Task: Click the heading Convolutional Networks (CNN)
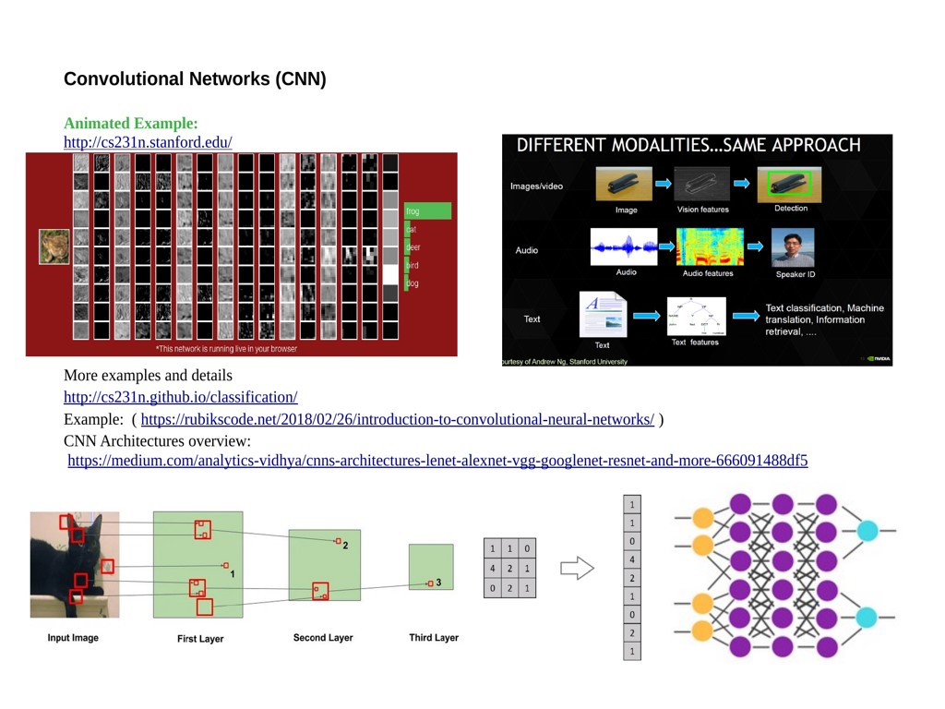[x=195, y=78]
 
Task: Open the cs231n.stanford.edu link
[x=148, y=142]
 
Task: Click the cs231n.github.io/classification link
[x=180, y=397]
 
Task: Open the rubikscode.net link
[x=397, y=419]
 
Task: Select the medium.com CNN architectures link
[x=437, y=460]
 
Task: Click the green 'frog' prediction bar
[x=427, y=211]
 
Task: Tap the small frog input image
[x=54, y=246]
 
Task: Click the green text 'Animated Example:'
[x=131, y=123]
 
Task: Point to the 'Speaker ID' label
[x=795, y=274]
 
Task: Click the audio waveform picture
[x=624, y=247]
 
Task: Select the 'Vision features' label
[x=702, y=210]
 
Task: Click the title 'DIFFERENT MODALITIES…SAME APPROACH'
[x=688, y=145]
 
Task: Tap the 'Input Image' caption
[x=73, y=638]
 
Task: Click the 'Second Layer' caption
[x=323, y=638]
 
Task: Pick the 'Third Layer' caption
[x=434, y=638]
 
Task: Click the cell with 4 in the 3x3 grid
[x=493, y=568]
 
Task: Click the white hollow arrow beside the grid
[x=577, y=568]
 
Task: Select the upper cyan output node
[x=867, y=531]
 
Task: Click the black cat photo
[x=74, y=564]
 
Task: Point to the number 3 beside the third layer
[x=438, y=583]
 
